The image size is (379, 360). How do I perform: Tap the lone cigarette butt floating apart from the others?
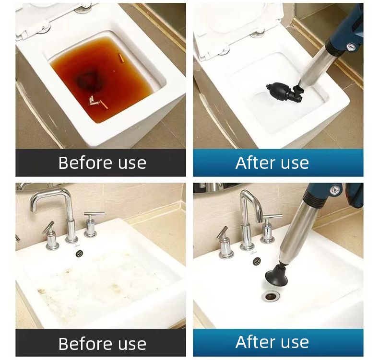[121, 58]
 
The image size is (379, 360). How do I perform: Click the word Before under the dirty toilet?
[84, 163]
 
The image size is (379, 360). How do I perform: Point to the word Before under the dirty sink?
[84, 343]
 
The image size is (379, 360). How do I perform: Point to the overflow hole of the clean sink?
[257, 261]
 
